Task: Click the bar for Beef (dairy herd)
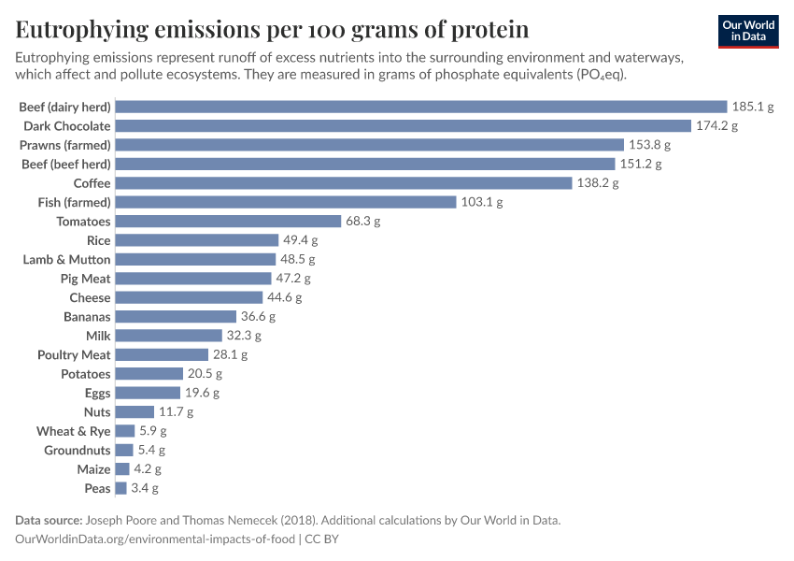420,107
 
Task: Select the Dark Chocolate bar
403,125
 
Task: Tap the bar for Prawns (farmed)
369,145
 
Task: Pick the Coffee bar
343,183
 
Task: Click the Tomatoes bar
228,222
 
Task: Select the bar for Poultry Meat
162,354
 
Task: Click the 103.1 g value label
482,202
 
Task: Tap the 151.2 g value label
641,164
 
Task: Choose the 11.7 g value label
176,411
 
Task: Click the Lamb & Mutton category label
66,259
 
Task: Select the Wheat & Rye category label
73,431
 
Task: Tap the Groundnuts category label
78,450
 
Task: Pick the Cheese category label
90,297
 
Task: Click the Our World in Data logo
749,31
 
